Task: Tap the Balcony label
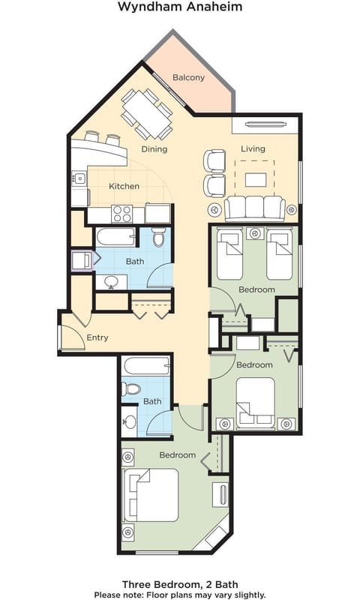point(188,77)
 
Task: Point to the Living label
point(253,148)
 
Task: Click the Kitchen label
point(124,186)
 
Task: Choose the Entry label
point(97,337)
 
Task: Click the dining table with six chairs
point(147,114)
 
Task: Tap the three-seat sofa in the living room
point(254,207)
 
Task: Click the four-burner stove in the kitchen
point(122,214)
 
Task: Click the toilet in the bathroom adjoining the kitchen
point(158,238)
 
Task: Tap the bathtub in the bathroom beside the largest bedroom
point(146,367)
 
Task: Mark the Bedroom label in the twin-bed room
point(256,289)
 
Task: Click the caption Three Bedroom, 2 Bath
point(180,583)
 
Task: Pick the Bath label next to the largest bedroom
point(152,401)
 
